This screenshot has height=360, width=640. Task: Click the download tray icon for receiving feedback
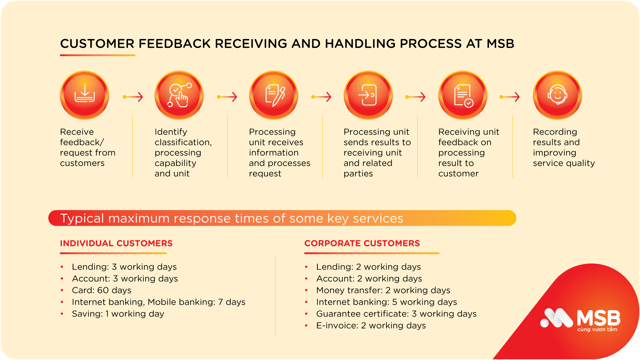point(85,95)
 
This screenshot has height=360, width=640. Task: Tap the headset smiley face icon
point(557,95)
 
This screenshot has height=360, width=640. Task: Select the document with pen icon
point(274,95)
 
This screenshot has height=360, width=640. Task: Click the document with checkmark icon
point(463,95)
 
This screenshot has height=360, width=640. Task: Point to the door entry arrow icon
point(368,95)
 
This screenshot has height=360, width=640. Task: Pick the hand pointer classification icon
point(179,95)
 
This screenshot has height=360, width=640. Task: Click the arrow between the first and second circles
point(133,97)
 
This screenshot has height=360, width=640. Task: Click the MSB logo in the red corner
point(580,319)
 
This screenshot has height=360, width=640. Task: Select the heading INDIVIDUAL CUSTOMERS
point(116,243)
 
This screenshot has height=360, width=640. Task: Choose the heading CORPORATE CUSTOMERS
point(362,243)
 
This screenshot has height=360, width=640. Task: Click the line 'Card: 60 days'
point(102,290)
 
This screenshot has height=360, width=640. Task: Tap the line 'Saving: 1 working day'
point(118,314)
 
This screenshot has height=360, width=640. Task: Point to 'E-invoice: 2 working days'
point(371,325)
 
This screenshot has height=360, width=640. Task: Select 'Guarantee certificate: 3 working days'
point(396,314)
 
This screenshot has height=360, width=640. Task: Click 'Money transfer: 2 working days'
point(383,290)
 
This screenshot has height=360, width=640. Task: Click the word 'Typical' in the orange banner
point(82,218)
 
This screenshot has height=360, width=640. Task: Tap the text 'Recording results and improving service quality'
point(564,147)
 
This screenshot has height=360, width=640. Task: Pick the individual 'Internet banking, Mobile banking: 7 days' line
point(159,302)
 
